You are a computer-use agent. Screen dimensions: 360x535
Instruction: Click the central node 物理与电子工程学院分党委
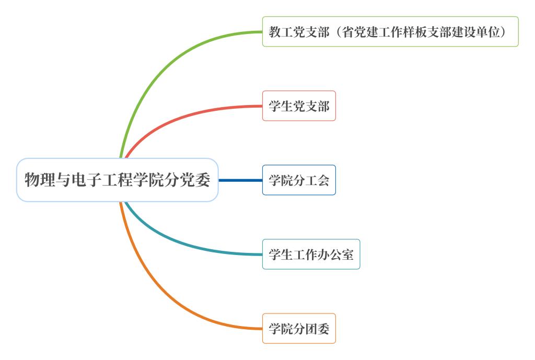tap(117, 180)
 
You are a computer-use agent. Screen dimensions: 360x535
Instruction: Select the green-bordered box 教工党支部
tap(390, 32)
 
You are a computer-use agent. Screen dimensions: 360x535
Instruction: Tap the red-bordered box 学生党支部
tap(299, 106)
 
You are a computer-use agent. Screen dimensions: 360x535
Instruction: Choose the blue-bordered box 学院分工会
tap(299, 180)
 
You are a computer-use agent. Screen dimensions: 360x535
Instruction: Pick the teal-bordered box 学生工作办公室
tap(311, 254)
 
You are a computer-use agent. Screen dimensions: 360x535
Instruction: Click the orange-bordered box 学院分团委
tap(299, 329)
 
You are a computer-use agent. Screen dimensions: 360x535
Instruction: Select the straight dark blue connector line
tap(240, 180)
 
